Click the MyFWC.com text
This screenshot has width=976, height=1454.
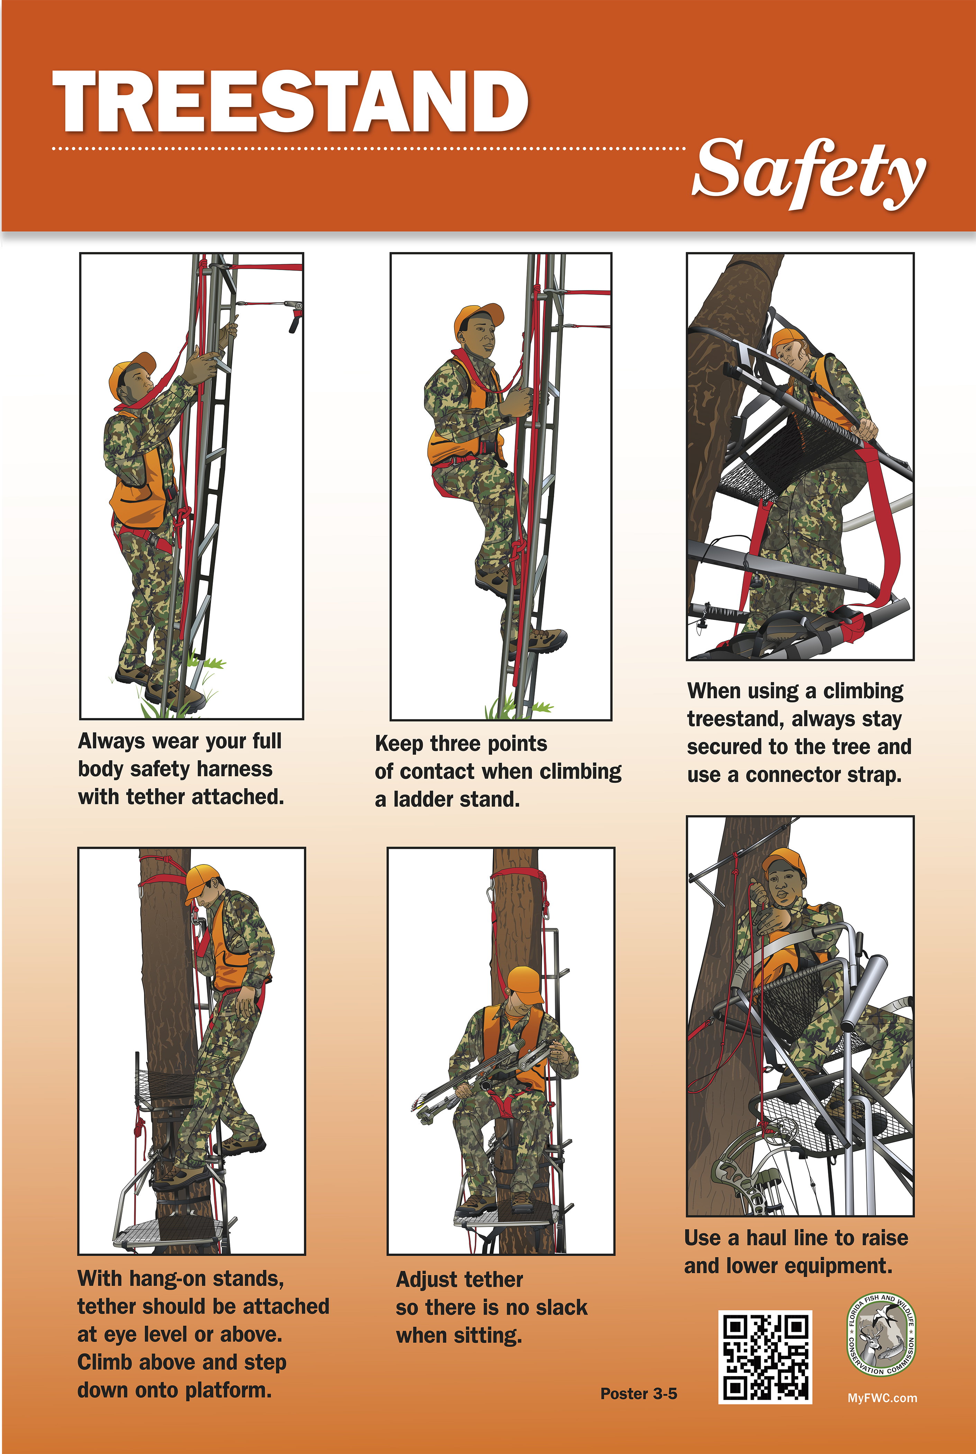click(882, 1397)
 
